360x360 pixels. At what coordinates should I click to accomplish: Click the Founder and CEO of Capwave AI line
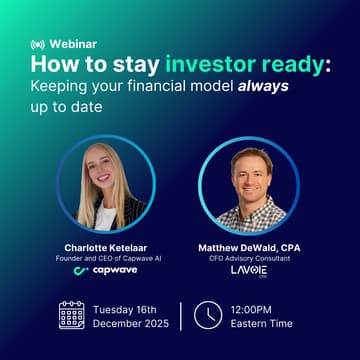click(104, 260)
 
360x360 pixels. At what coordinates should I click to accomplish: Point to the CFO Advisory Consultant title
click(251, 260)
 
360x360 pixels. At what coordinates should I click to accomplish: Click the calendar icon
click(71, 315)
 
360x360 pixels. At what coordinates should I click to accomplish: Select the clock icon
click(207, 315)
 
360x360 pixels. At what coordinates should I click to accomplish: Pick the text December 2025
click(132, 324)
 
